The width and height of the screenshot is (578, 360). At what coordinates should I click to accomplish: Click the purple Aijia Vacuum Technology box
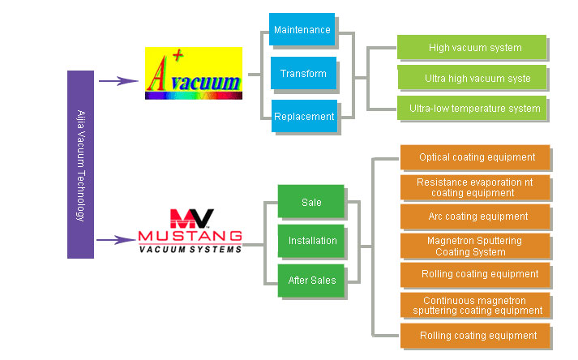[x=80, y=165]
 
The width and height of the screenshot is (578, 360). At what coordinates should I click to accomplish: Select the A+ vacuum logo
[x=194, y=73]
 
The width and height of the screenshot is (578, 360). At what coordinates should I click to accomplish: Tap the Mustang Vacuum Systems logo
[x=191, y=230]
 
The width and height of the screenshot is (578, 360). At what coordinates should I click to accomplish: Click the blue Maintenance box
[x=302, y=30]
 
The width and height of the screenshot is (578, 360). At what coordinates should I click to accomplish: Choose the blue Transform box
[x=302, y=74]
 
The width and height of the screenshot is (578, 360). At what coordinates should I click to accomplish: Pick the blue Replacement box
[x=303, y=117]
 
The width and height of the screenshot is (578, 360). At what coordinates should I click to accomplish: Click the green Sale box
[x=310, y=202]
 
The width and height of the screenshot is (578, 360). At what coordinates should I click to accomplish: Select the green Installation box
[x=311, y=241]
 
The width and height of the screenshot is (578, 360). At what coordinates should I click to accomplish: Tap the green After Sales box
[x=311, y=281]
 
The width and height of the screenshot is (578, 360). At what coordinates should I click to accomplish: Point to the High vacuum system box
[x=472, y=48]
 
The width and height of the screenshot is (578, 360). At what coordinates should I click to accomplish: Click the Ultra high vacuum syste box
[x=472, y=79]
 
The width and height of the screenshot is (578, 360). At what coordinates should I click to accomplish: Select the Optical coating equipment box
[x=476, y=157]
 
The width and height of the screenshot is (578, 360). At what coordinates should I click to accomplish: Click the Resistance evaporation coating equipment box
[x=476, y=188]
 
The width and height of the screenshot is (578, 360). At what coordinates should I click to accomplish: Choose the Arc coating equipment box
[x=476, y=216]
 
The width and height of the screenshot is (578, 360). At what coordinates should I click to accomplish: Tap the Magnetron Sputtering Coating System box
[x=476, y=246]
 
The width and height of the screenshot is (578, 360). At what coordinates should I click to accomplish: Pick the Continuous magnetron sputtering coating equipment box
[x=476, y=306]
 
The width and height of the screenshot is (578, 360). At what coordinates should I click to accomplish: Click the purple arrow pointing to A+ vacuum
[x=118, y=80]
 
